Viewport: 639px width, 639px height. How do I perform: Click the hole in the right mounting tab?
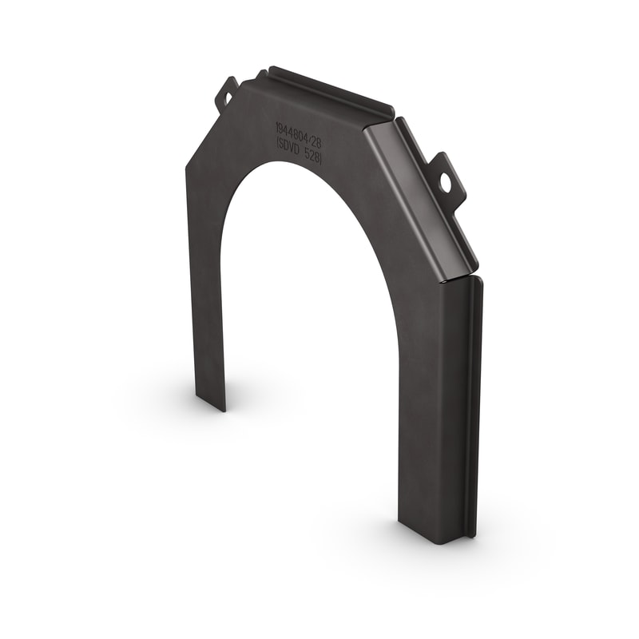(445, 183)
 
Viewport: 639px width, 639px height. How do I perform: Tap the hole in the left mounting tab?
(223, 98)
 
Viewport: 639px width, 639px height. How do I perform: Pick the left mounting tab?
(225, 94)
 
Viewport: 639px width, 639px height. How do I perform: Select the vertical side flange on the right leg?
(473, 399)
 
